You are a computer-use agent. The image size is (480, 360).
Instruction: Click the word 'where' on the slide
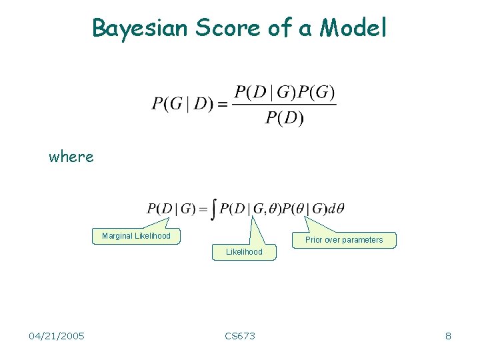(71, 157)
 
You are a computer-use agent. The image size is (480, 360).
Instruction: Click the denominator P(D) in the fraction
(284, 118)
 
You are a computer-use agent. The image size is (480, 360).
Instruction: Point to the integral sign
(213, 209)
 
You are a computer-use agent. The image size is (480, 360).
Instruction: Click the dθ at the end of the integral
(337, 209)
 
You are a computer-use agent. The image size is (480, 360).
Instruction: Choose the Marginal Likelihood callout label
(136, 236)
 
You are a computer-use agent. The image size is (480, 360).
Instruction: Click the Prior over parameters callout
(344, 240)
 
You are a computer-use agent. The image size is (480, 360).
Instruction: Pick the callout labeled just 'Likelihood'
(244, 252)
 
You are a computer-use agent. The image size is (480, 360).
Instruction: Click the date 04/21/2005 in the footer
(57, 336)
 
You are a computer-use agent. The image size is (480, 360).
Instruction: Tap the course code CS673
(240, 336)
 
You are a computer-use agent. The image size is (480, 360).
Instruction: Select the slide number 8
(448, 336)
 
